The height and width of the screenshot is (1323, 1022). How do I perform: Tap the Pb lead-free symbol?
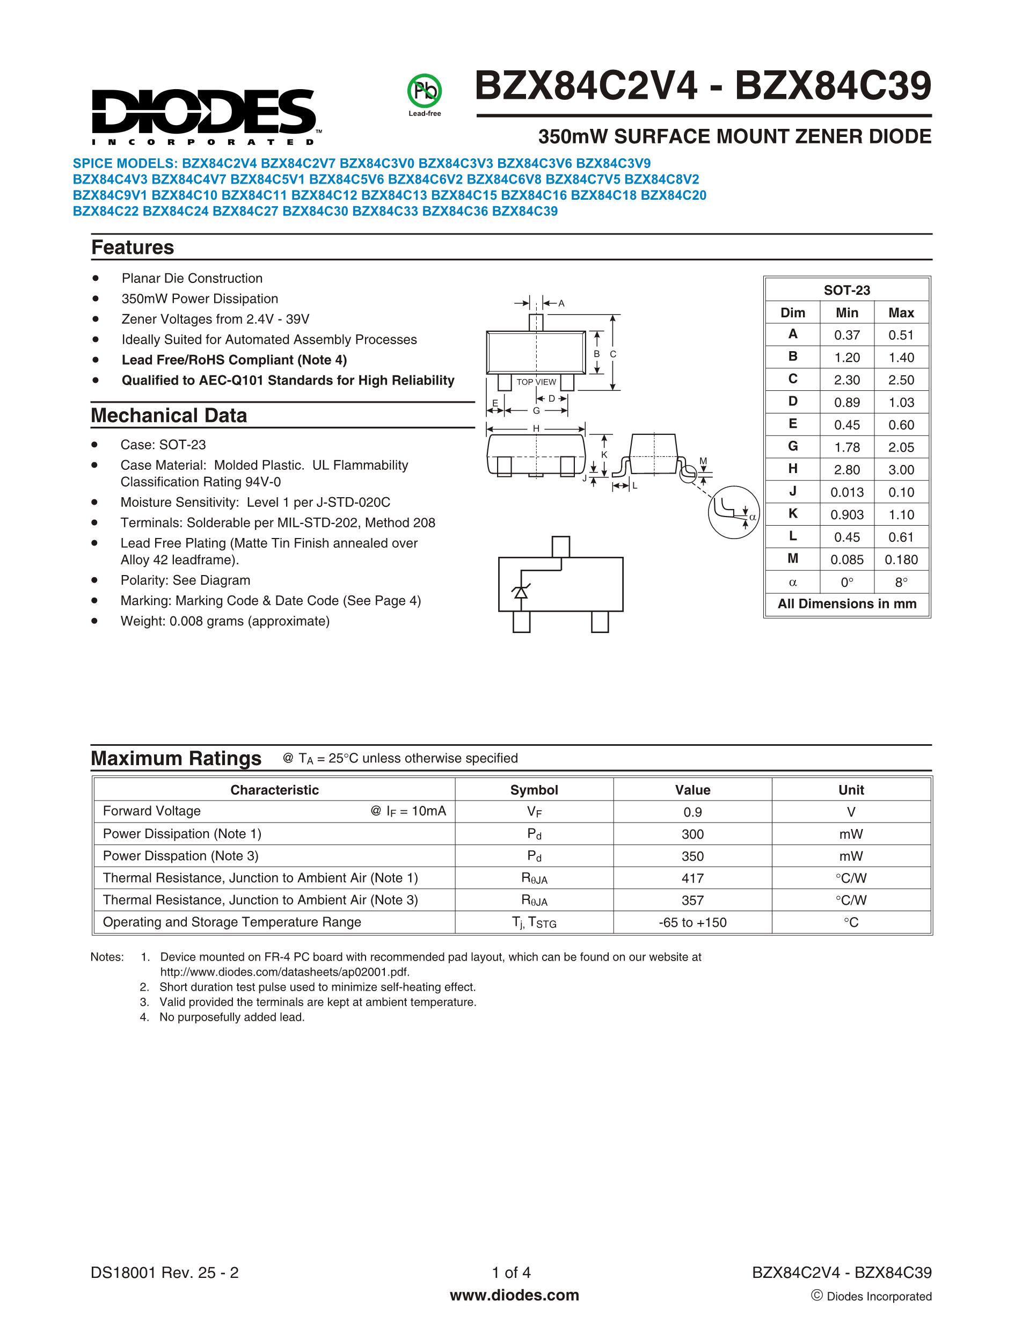[425, 91]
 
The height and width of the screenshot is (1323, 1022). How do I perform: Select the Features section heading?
[133, 247]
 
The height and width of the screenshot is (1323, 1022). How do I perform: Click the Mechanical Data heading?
[169, 416]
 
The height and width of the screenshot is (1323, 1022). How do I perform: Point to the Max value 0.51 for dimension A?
[901, 335]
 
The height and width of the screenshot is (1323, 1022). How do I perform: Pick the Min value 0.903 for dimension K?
[847, 514]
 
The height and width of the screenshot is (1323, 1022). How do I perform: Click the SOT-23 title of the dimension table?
[846, 290]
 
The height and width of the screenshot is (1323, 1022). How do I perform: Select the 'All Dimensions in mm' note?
[846, 604]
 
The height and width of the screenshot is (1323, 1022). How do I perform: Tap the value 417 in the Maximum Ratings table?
[692, 878]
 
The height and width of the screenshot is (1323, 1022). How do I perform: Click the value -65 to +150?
[692, 922]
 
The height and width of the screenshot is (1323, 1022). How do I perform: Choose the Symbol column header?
[534, 790]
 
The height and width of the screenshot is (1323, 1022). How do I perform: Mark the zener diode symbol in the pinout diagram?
[520, 592]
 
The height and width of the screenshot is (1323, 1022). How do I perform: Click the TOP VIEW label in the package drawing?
[536, 382]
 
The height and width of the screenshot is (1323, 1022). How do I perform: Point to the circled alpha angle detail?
[734, 512]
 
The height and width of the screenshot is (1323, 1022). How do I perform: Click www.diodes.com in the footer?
[514, 1295]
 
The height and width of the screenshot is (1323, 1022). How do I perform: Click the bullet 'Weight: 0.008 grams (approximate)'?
[224, 621]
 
